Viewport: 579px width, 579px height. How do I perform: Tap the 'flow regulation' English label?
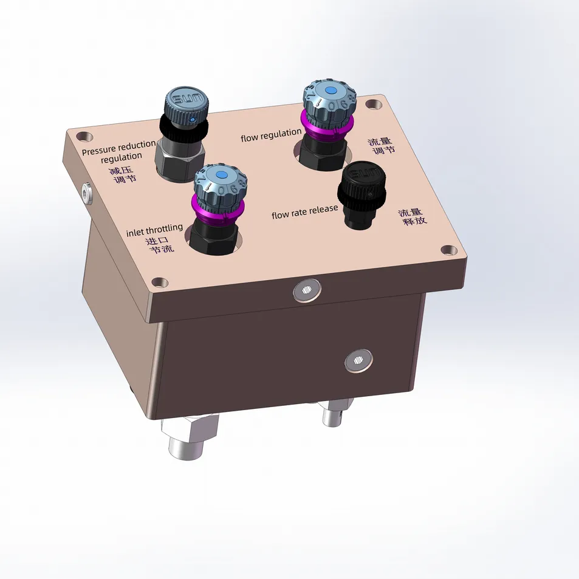(x=271, y=135)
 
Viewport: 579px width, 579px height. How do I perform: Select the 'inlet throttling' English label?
(x=154, y=229)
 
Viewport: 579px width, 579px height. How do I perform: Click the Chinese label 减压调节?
(x=123, y=175)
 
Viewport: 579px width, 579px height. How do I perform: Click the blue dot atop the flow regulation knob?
(x=330, y=90)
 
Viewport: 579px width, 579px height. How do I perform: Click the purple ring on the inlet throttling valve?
(x=218, y=209)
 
